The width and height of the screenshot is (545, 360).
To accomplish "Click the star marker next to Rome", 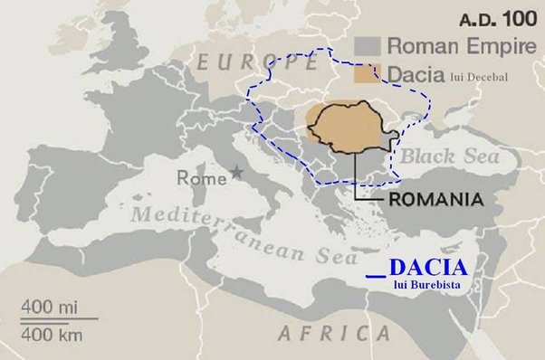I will click(x=237, y=171).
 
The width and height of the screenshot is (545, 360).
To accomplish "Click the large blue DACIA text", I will click(x=428, y=268).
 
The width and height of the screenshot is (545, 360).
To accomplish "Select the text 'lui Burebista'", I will click(x=428, y=285).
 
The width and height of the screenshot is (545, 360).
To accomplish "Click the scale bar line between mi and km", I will click(x=59, y=317).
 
